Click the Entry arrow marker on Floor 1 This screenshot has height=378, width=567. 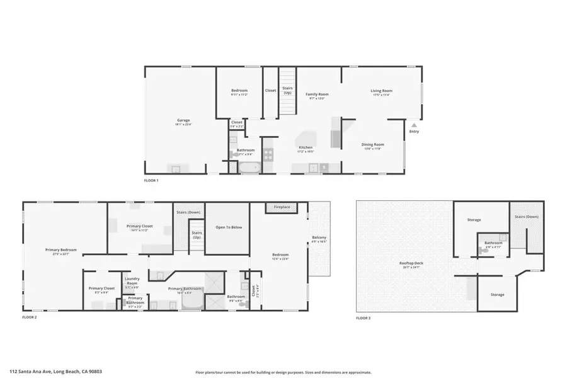tap(413, 125)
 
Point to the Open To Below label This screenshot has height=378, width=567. tap(229, 227)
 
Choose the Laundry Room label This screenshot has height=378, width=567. tap(132, 282)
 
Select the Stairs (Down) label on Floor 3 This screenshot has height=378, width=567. tap(526, 217)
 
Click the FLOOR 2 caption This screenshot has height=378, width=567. tap(30, 318)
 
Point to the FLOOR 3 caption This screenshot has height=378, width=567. tap(363, 318)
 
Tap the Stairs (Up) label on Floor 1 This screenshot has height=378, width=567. tap(287, 90)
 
